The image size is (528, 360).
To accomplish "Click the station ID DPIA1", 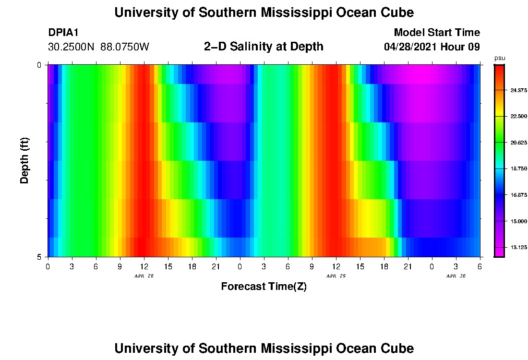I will point(63,33).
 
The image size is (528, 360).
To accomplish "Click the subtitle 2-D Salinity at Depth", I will point(264,47).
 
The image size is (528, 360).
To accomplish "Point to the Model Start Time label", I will point(436,33).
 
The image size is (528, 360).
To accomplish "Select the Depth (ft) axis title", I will point(25,160).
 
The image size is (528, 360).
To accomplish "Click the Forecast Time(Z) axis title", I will point(264,287).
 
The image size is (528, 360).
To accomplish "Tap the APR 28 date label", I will point(144,276).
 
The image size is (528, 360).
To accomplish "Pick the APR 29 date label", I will point(336,276).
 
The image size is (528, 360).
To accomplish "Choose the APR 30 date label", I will point(456,276).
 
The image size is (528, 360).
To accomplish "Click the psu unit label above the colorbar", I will point(500,58).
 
